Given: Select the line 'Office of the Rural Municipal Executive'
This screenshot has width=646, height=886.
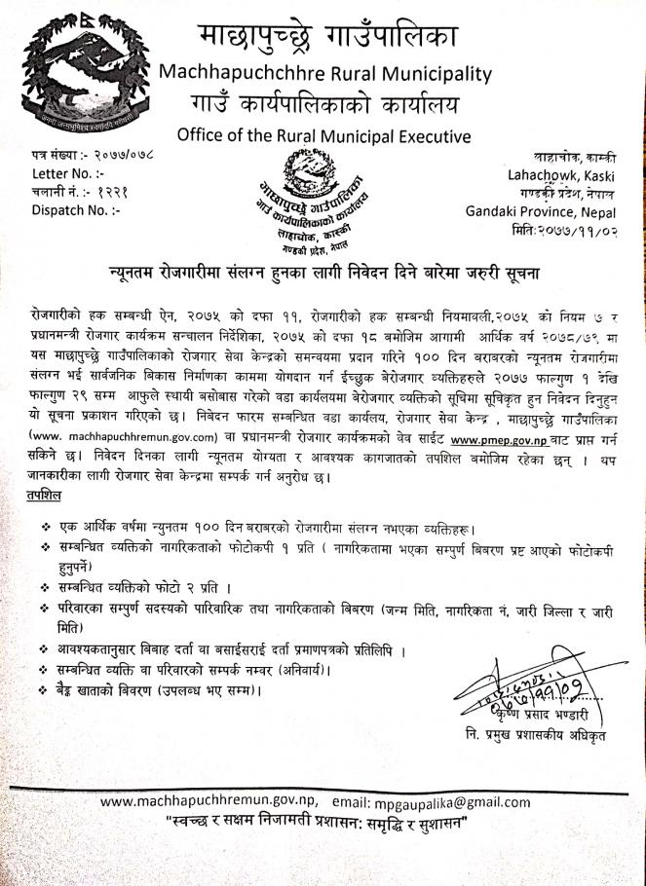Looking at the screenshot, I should (x=324, y=135).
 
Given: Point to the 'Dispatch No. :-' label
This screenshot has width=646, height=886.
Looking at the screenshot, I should (x=68, y=208).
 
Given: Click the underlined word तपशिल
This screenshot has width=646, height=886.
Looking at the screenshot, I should (x=47, y=496).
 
